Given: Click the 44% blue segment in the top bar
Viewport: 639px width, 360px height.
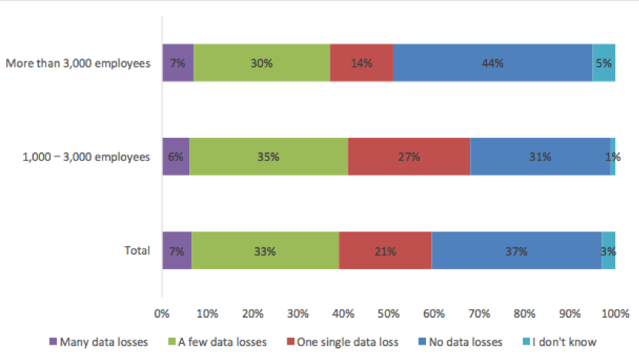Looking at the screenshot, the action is pyautogui.click(x=493, y=63).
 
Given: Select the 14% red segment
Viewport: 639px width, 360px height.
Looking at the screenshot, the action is pyautogui.click(x=361, y=63).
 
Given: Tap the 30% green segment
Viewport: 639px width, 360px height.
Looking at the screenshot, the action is pyautogui.click(x=262, y=63).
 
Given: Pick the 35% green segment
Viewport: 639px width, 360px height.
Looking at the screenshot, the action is pyautogui.click(x=268, y=157).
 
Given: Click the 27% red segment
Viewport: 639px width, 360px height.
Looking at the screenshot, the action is pyautogui.click(x=409, y=157).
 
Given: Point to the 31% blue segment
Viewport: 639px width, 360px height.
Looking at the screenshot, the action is pyautogui.click(x=541, y=157).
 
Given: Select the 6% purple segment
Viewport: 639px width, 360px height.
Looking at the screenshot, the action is pyautogui.click(x=176, y=157).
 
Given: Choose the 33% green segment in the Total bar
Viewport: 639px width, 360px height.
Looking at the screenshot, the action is pyautogui.click(x=265, y=250).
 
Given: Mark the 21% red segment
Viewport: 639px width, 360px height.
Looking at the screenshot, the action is pyautogui.click(x=385, y=250).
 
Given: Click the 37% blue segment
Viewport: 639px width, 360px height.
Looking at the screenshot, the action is pyautogui.click(x=517, y=250).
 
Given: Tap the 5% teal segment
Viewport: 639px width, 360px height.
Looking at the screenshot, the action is pyautogui.click(x=604, y=63).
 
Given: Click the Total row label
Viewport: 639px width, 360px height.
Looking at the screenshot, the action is pyautogui.click(x=138, y=250).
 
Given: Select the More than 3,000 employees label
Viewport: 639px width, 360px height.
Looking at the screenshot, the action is pyautogui.click(x=78, y=64).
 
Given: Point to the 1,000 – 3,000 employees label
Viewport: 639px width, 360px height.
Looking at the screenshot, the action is pyautogui.click(x=86, y=158).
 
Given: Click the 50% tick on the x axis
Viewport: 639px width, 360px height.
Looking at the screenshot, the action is pyautogui.click(x=388, y=314).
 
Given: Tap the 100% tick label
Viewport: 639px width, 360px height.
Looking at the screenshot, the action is pyautogui.click(x=615, y=314).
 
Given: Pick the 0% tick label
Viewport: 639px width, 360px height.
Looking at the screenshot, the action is pyautogui.click(x=161, y=314).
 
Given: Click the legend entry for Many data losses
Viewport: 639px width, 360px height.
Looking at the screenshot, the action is pyautogui.click(x=98, y=342).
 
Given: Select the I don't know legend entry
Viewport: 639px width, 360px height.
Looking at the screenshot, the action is pyautogui.click(x=560, y=342).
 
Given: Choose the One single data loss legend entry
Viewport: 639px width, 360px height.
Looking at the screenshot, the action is pyautogui.click(x=343, y=342).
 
